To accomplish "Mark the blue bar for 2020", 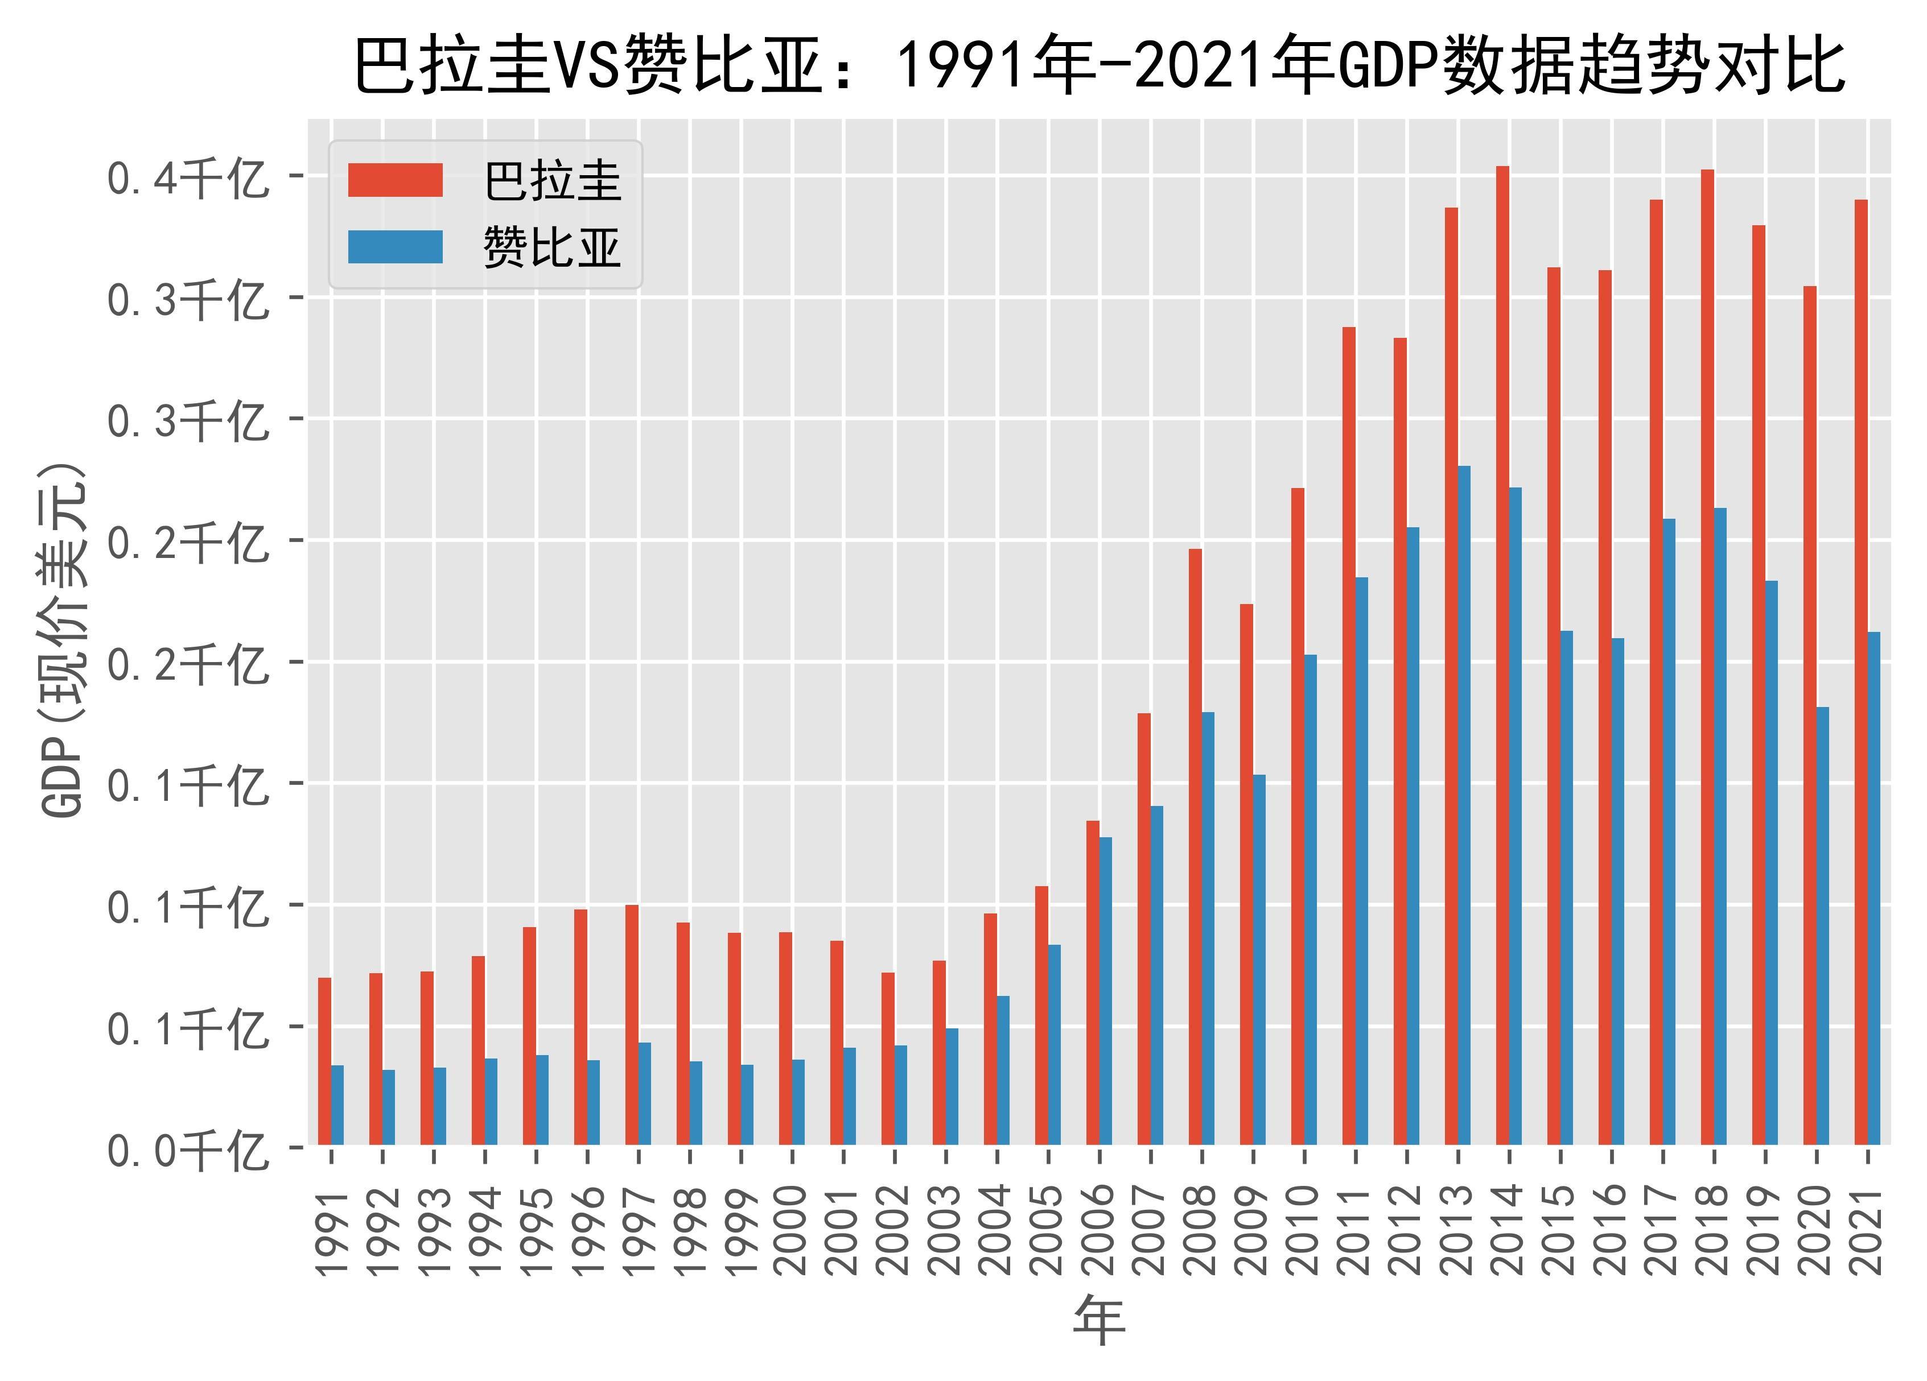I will pyautogui.click(x=1822, y=926).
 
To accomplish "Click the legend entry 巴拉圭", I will pyautogui.click(x=552, y=181).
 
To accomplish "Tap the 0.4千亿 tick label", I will pyautogui.click(x=187, y=179).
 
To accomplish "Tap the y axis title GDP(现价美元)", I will pyautogui.click(x=64, y=641).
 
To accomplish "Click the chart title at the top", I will pyautogui.click(x=1100, y=66).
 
